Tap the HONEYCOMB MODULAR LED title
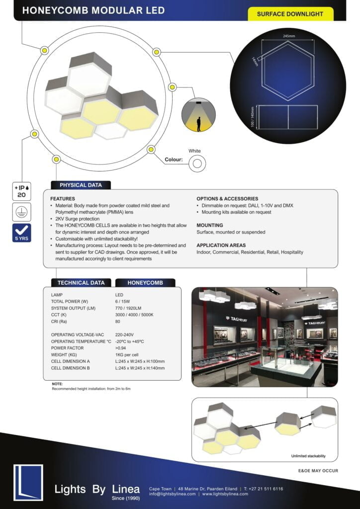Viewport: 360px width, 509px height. pyautogui.click(x=93, y=10)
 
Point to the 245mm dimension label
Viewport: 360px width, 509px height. pyautogui.click(x=288, y=36)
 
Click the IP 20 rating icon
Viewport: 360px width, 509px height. pyautogui.click(x=22, y=191)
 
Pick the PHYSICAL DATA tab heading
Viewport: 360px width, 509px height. pyautogui.click(x=81, y=185)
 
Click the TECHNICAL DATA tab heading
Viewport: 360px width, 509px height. pyautogui.click(x=81, y=283)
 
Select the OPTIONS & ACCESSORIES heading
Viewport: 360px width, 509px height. pyautogui.click(x=227, y=199)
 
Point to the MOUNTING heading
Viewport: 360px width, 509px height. pyautogui.click(x=209, y=225)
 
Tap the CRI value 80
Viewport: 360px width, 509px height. pyautogui.click(x=118, y=322)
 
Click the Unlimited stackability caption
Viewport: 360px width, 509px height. pyautogui.click(x=307, y=456)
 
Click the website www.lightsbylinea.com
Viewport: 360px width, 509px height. pyautogui.click(x=225, y=494)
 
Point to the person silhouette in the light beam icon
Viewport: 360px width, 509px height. pyautogui.click(x=198, y=124)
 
